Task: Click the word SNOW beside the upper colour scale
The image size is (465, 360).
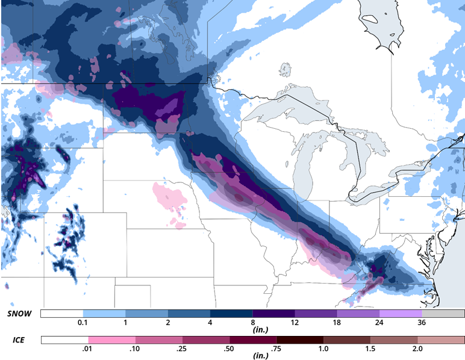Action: click(x=20, y=314)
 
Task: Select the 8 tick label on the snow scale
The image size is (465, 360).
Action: click(x=252, y=323)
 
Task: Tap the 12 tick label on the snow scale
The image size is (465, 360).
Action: click(x=295, y=323)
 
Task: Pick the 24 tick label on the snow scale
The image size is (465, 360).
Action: click(x=379, y=323)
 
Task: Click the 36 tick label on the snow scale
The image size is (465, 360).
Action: click(x=422, y=323)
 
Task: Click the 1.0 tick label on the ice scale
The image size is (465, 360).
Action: click(x=323, y=349)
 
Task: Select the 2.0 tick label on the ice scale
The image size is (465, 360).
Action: click(x=417, y=349)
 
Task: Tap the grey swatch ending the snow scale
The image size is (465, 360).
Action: click(x=443, y=314)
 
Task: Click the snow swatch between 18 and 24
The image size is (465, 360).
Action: click(x=358, y=314)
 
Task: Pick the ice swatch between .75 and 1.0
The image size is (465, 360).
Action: click(x=300, y=340)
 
